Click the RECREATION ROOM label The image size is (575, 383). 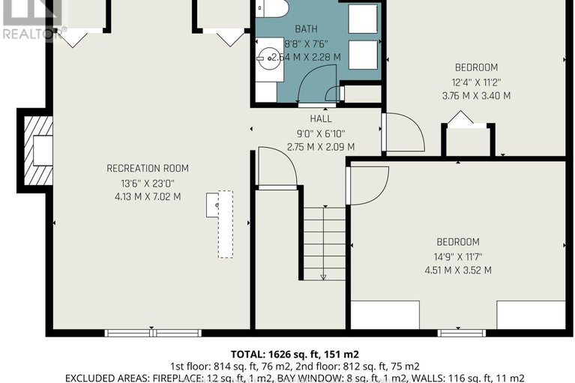[x=147, y=168]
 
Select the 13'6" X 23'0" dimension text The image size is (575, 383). [x=147, y=182]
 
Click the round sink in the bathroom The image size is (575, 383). [x=268, y=57]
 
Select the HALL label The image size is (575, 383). [x=321, y=119]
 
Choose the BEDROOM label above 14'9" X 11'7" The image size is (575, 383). [x=458, y=242]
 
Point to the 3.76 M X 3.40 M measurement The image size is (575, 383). [x=476, y=96]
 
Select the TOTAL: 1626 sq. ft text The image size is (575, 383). [x=287, y=353]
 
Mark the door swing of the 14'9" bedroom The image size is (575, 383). [x=369, y=184]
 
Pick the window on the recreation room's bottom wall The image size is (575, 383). [x=152, y=333]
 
